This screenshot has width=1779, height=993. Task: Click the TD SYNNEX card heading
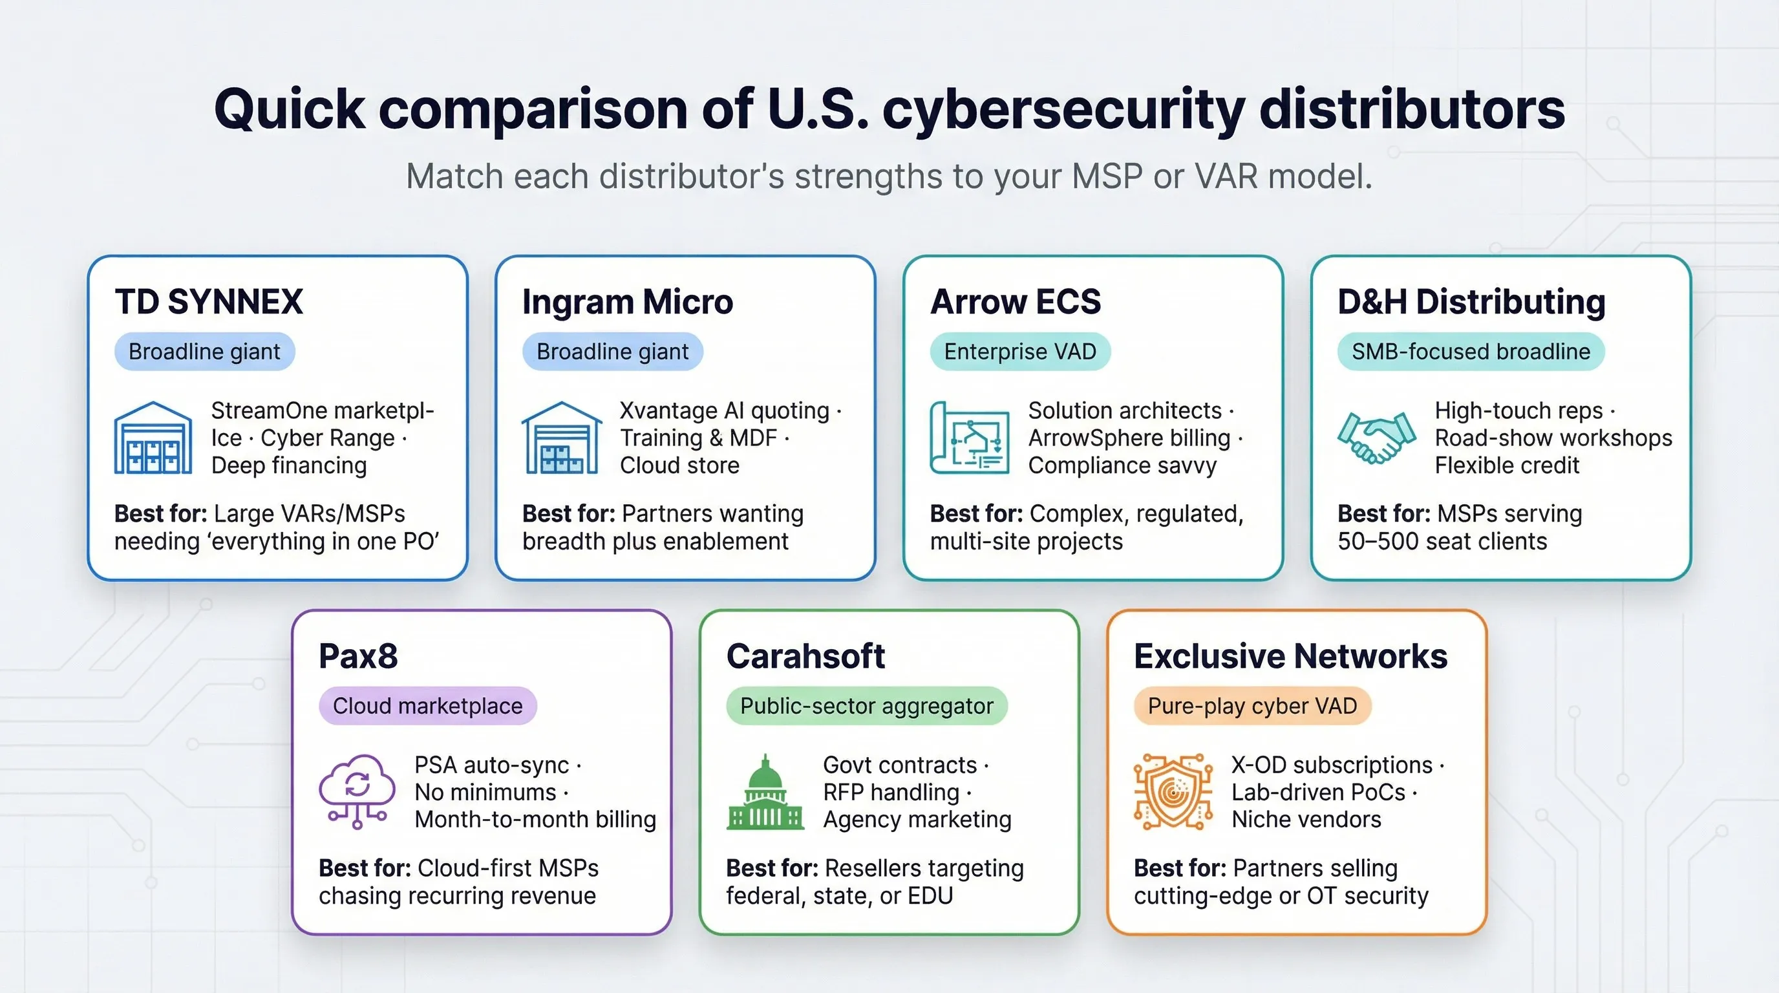tap(209, 302)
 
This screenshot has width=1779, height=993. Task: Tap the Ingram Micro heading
tap(627, 302)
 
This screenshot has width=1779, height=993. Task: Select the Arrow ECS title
tap(1015, 302)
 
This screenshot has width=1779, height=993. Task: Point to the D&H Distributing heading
tap(1471, 302)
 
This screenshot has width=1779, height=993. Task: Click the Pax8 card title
tap(357, 656)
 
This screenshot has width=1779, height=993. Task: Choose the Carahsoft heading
tap(805, 656)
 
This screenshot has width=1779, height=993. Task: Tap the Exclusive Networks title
tap(1290, 656)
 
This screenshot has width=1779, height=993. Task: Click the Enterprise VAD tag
tap(1020, 352)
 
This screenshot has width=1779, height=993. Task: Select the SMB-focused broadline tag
tap(1471, 352)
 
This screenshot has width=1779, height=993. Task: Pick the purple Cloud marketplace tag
tap(427, 706)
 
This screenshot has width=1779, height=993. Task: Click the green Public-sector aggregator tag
tap(867, 706)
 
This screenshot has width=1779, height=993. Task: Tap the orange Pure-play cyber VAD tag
tap(1252, 706)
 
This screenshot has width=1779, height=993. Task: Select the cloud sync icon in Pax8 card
tap(357, 791)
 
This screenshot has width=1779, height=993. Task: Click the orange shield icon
tap(1173, 791)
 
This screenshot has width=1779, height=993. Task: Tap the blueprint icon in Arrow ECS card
tap(970, 438)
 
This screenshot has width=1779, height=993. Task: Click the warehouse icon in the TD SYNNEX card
tap(153, 438)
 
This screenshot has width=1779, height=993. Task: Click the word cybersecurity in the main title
tap(1063, 111)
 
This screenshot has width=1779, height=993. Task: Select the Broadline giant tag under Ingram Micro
tap(613, 352)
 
